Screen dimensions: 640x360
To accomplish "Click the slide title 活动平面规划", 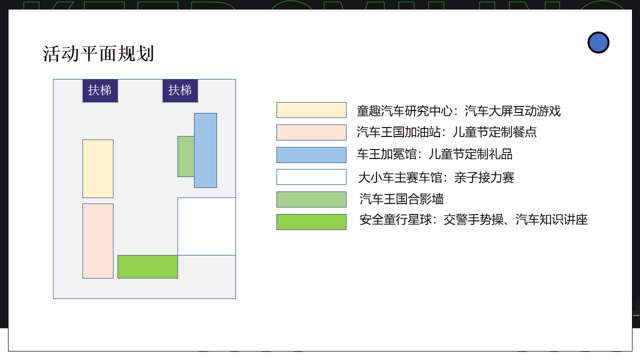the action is pyautogui.click(x=98, y=53).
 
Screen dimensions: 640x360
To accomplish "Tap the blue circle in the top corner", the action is pyautogui.click(x=598, y=42).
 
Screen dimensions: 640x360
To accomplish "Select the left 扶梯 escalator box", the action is pyautogui.click(x=100, y=90).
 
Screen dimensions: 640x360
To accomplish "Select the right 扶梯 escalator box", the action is pyautogui.click(x=180, y=90).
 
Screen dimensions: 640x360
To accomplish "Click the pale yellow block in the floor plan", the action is pyautogui.click(x=98, y=168).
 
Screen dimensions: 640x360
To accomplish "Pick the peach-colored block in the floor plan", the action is pyautogui.click(x=98, y=241).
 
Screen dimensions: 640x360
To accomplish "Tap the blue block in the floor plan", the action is pyautogui.click(x=205, y=150).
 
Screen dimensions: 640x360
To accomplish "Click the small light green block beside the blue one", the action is pyautogui.click(x=186, y=156).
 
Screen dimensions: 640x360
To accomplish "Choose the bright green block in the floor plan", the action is pyautogui.click(x=147, y=266).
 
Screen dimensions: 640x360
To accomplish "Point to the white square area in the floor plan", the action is pyautogui.click(x=206, y=226).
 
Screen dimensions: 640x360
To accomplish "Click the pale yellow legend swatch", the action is pyautogui.click(x=311, y=110).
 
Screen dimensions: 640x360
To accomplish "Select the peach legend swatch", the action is pyautogui.click(x=311, y=132).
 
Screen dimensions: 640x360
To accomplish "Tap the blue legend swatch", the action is pyautogui.click(x=311, y=155).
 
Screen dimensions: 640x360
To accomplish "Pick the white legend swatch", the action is pyautogui.click(x=311, y=177).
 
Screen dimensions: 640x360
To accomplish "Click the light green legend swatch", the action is pyautogui.click(x=311, y=199).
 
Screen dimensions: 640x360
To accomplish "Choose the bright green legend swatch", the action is pyautogui.click(x=311, y=222).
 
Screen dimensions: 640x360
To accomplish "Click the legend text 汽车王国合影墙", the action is pyautogui.click(x=401, y=199).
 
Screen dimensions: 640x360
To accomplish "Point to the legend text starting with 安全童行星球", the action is pyautogui.click(x=473, y=219).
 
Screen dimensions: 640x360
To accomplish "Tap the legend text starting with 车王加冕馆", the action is pyautogui.click(x=434, y=154).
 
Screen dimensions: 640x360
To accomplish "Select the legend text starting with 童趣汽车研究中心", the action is pyautogui.click(x=459, y=111).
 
